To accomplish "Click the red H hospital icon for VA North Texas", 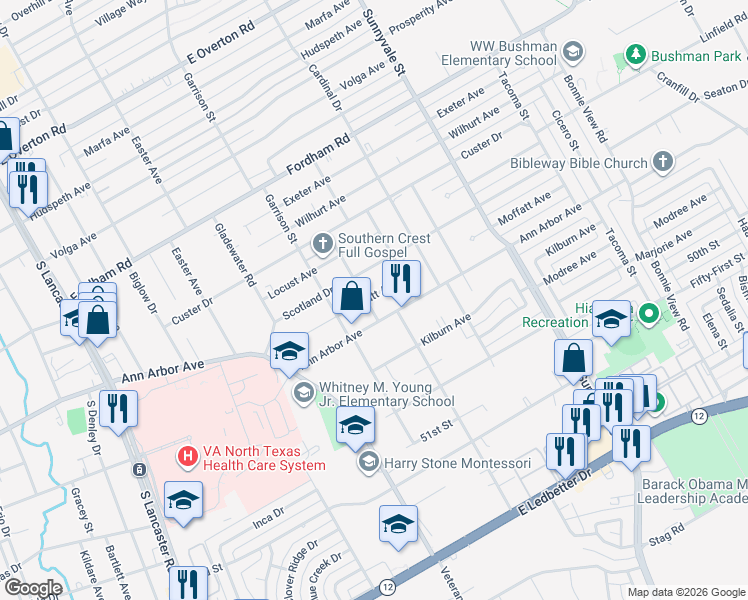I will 186,457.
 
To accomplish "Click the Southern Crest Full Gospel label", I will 384,245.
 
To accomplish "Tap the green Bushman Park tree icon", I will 634,53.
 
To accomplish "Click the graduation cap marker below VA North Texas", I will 183,501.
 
